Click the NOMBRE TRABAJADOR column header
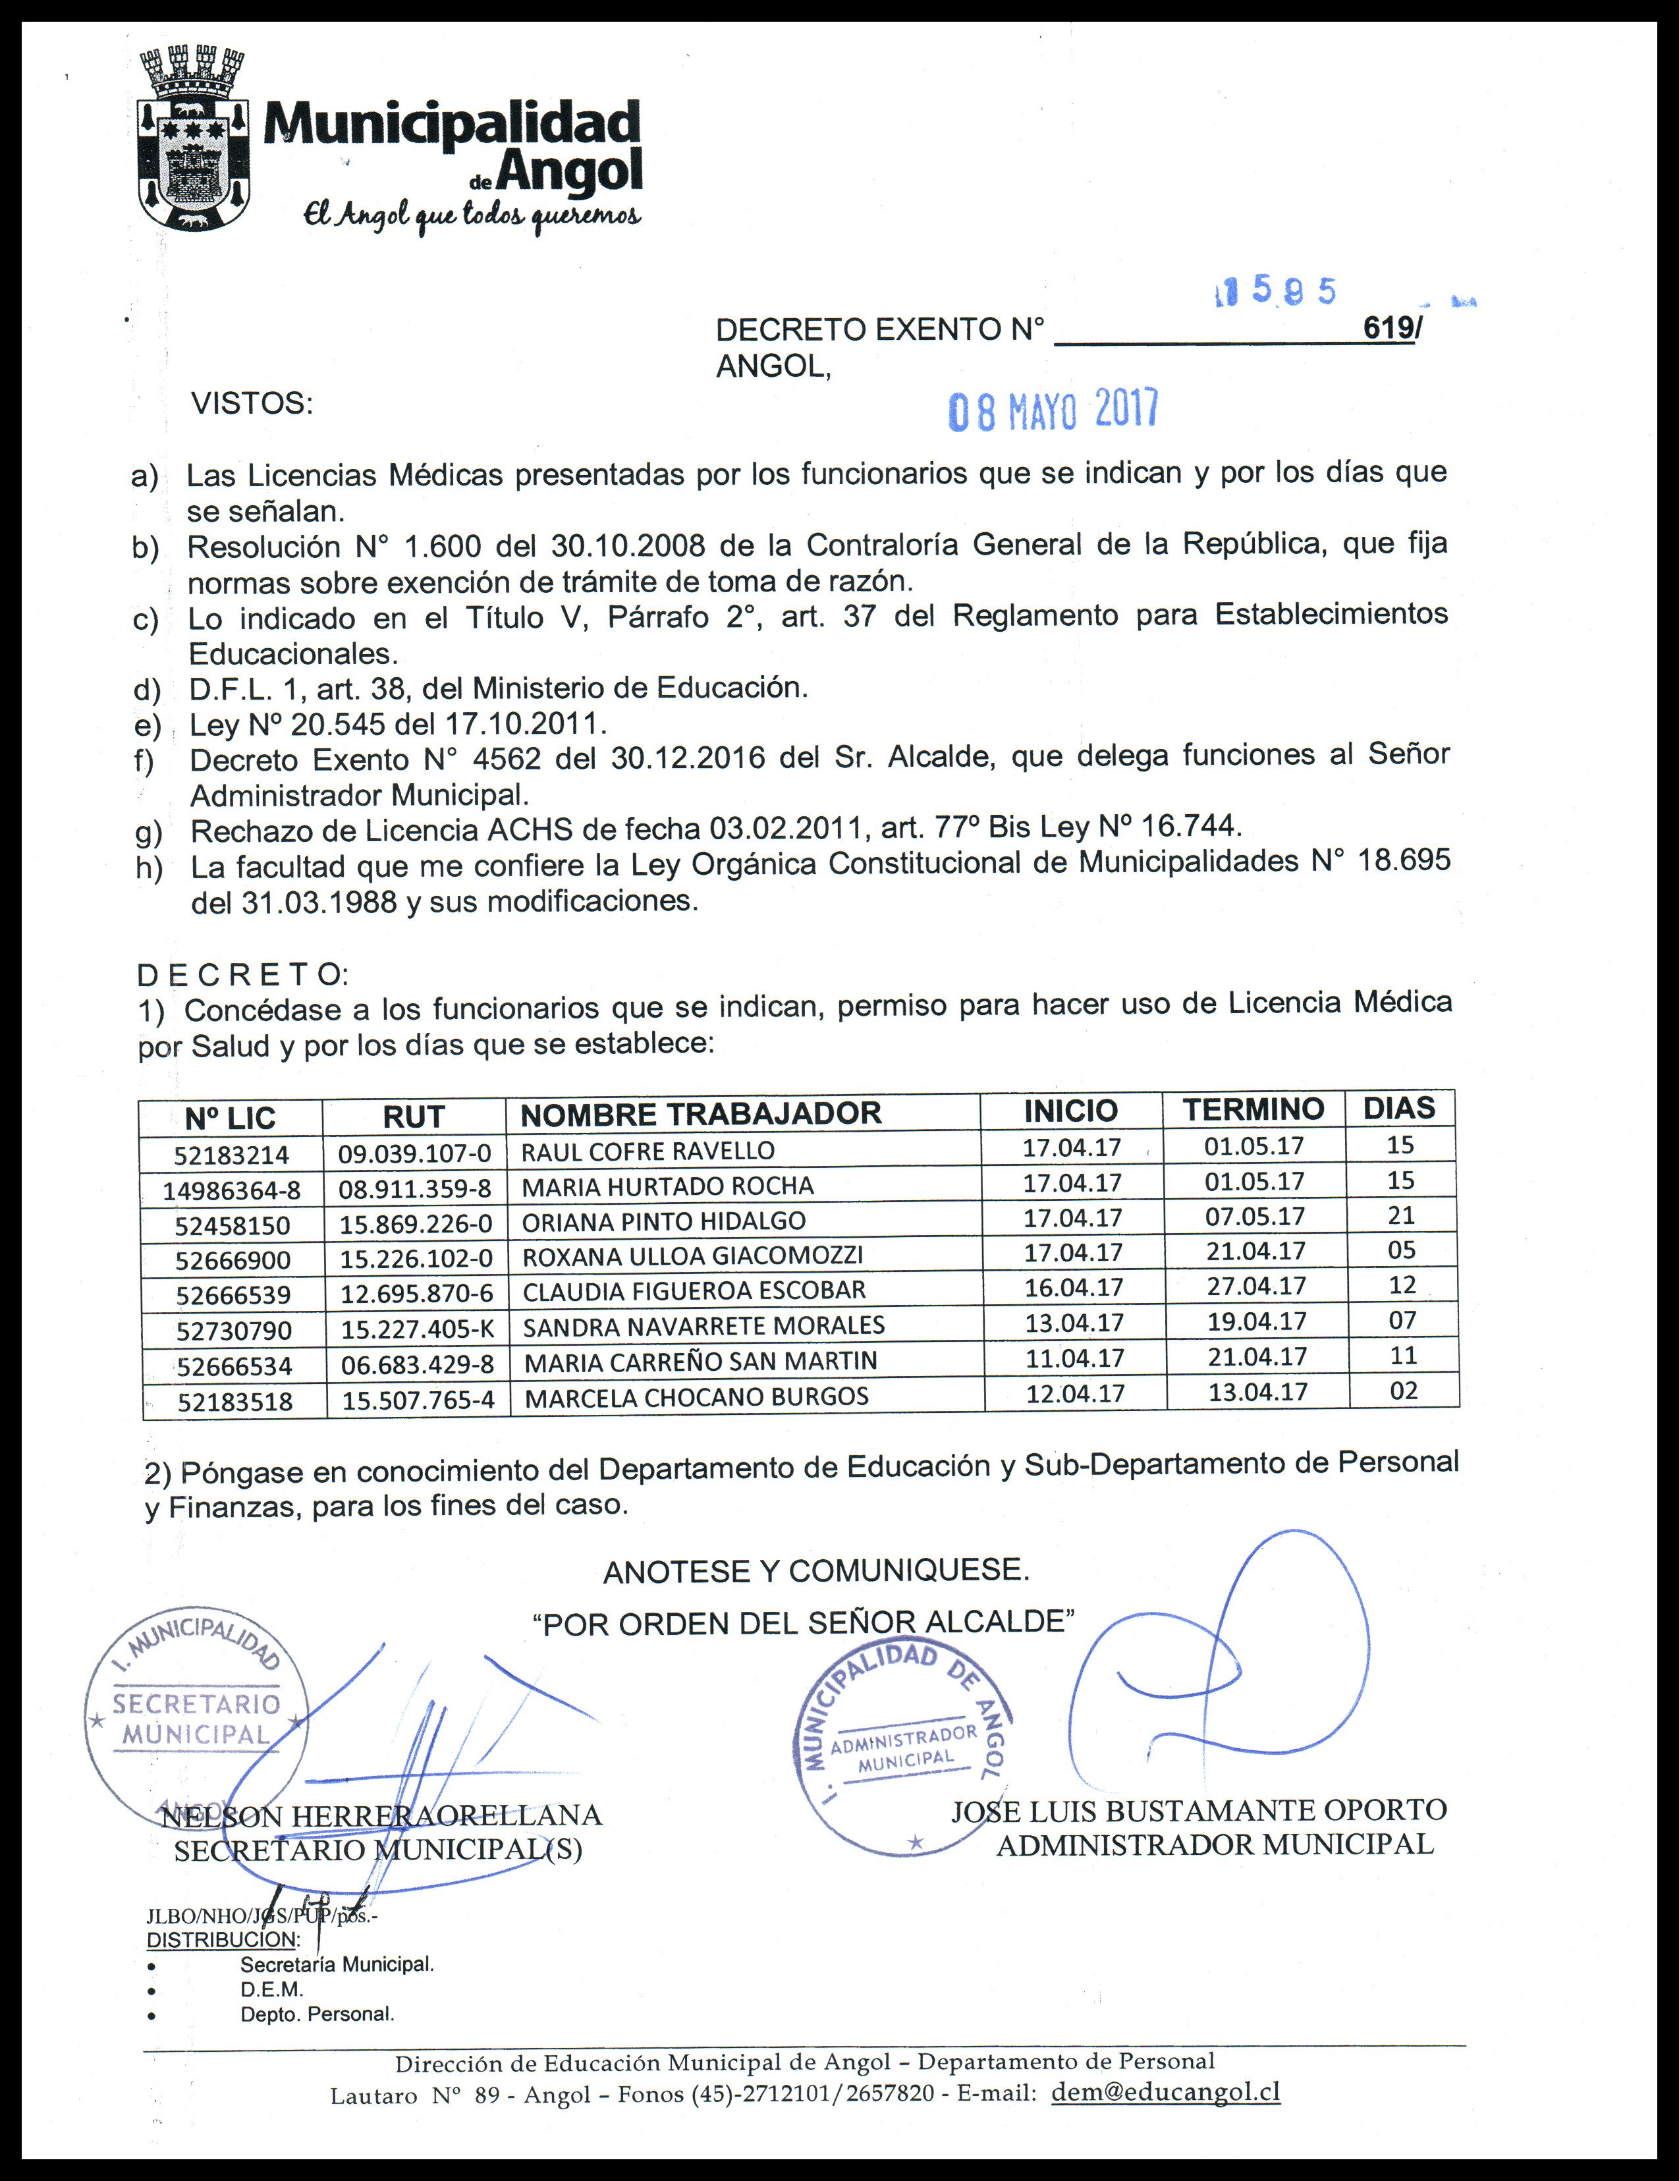coord(700,1113)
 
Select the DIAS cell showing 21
coord(1401,1215)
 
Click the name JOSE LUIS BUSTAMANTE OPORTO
coord(1199,1809)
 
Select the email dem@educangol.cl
coord(1166,2092)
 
